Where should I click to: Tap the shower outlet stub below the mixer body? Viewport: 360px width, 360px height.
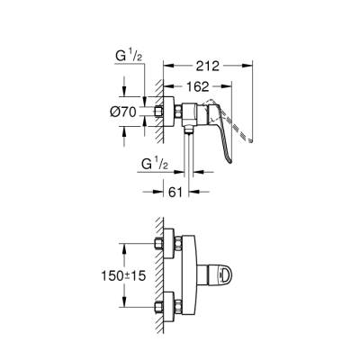[189, 130]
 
